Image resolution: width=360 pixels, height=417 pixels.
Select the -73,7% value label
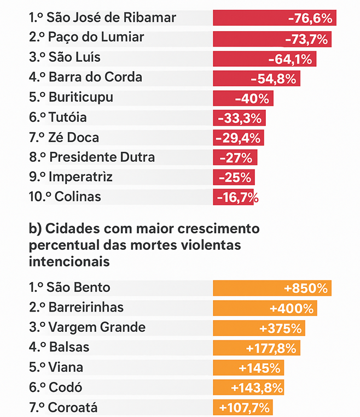click(306, 39)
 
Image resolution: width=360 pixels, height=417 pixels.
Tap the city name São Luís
click(74, 57)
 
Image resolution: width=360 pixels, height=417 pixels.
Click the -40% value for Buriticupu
click(252, 98)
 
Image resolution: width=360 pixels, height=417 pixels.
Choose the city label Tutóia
click(67, 118)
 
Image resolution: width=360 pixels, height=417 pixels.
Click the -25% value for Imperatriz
click(235, 178)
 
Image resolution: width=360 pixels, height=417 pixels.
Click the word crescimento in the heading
click(216, 227)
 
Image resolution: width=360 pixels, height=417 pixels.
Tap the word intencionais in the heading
click(69, 261)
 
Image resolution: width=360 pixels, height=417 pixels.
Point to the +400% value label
click(293, 308)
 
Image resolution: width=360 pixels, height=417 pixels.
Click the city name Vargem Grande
click(97, 327)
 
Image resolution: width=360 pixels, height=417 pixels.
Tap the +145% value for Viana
click(262, 368)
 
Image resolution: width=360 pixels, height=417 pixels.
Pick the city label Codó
click(65, 387)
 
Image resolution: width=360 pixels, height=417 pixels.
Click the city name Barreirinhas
click(85, 307)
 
